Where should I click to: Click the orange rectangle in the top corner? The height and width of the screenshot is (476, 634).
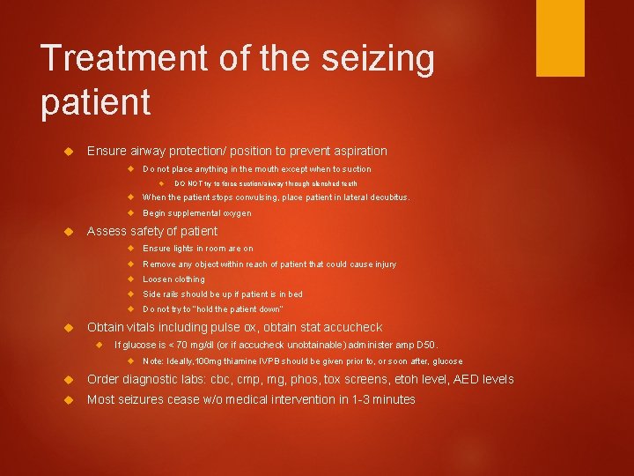(x=560, y=38)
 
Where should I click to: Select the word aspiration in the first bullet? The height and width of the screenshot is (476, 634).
(x=357, y=151)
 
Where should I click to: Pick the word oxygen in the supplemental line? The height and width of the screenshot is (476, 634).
(x=237, y=212)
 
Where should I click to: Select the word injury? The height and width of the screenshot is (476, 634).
(x=383, y=264)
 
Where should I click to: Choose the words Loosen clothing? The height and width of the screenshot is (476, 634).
(x=173, y=279)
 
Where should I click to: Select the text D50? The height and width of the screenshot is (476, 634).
(x=427, y=345)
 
